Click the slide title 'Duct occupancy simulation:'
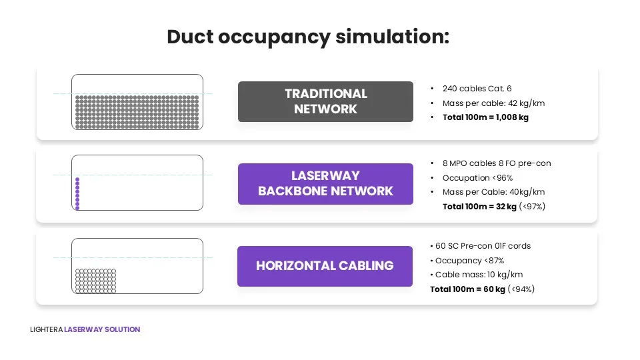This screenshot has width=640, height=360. (308, 37)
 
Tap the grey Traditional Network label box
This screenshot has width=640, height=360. (325, 101)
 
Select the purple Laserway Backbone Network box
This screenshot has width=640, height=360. (325, 184)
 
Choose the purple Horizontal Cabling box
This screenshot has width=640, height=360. (325, 266)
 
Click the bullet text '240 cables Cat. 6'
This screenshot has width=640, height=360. (477, 89)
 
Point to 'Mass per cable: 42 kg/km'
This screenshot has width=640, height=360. (493, 103)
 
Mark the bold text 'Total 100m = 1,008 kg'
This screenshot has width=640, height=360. (485, 117)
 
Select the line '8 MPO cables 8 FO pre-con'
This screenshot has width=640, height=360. (497, 163)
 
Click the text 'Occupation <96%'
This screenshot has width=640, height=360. (477, 178)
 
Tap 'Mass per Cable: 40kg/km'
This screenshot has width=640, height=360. (493, 192)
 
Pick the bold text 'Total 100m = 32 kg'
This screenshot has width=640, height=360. (479, 207)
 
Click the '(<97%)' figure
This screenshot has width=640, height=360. (532, 207)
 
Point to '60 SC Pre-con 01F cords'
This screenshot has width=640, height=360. (483, 246)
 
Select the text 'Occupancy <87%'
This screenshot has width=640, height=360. (469, 261)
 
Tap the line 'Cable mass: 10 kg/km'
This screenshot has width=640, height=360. (479, 275)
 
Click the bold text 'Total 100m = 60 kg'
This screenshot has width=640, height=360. (468, 289)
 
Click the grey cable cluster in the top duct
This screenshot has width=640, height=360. (137, 112)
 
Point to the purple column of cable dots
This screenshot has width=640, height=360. (77, 194)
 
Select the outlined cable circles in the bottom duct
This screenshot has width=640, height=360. (95, 281)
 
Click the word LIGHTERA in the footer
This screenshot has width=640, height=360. (46, 329)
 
